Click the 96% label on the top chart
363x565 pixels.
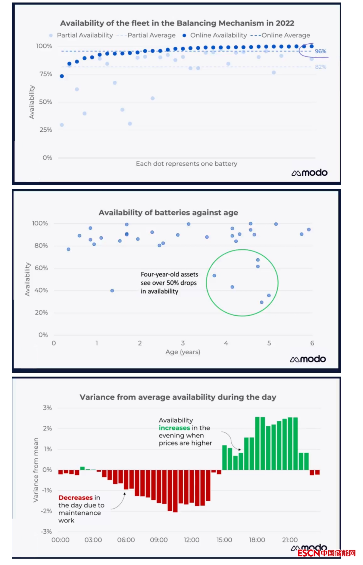(320, 51)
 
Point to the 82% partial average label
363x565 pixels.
(320, 67)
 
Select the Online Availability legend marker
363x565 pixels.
(184, 35)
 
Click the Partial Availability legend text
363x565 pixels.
(85, 35)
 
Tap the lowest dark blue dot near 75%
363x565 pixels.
(62, 76)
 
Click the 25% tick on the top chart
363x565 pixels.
(46, 130)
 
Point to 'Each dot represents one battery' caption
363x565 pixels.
(187, 164)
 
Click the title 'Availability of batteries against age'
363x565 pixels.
(168, 213)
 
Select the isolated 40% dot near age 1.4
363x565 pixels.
(112, 291)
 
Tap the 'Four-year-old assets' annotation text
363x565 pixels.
(169, 275)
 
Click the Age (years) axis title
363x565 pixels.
(183, 352)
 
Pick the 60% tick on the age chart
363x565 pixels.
(41, 268)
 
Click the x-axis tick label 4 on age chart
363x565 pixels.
(226, 343)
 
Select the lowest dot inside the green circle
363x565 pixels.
(262, 302)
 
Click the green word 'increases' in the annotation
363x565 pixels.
(174, 428)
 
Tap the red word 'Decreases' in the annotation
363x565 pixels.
(75, 498)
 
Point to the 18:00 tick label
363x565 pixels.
(257, 540)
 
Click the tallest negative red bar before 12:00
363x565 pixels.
(175, 491)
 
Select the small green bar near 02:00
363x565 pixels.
(82, 468)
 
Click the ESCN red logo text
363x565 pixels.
(309, 553)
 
